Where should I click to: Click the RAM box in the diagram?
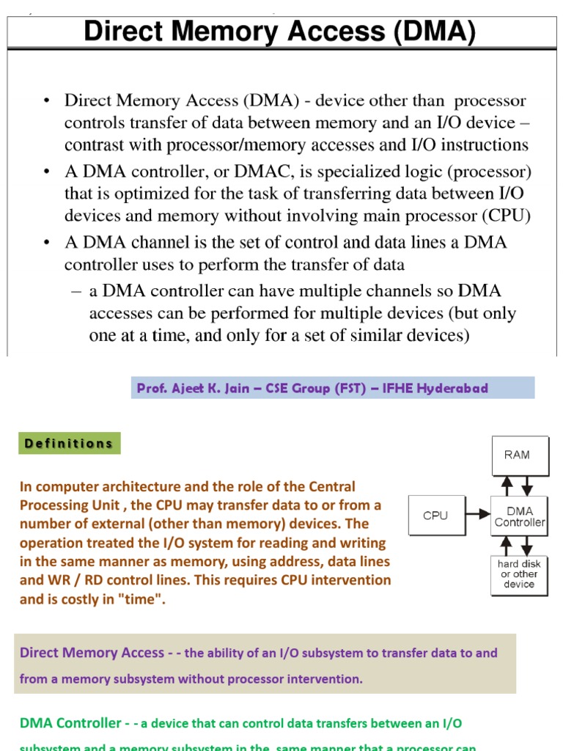[x=517, y=455]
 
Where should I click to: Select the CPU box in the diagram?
[x=435, y=516]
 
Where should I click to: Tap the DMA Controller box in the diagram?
[x=519, y=517]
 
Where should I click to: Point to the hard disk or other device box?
[x=519, y=574]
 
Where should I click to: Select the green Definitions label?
[x=69, y=443]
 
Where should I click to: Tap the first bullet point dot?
[x=48, y=101]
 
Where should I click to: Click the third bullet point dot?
[x=48, y=242]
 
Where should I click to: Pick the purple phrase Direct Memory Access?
[x=92, y=653]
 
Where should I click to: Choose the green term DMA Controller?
[x=70, y=723]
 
